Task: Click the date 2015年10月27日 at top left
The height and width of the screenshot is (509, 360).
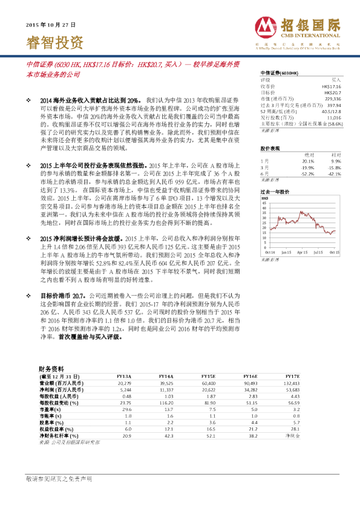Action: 51,26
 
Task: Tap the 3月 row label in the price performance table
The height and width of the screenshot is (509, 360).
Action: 264,167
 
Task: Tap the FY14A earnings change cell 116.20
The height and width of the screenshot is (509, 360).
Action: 166,402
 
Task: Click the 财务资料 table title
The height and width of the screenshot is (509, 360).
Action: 51,368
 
